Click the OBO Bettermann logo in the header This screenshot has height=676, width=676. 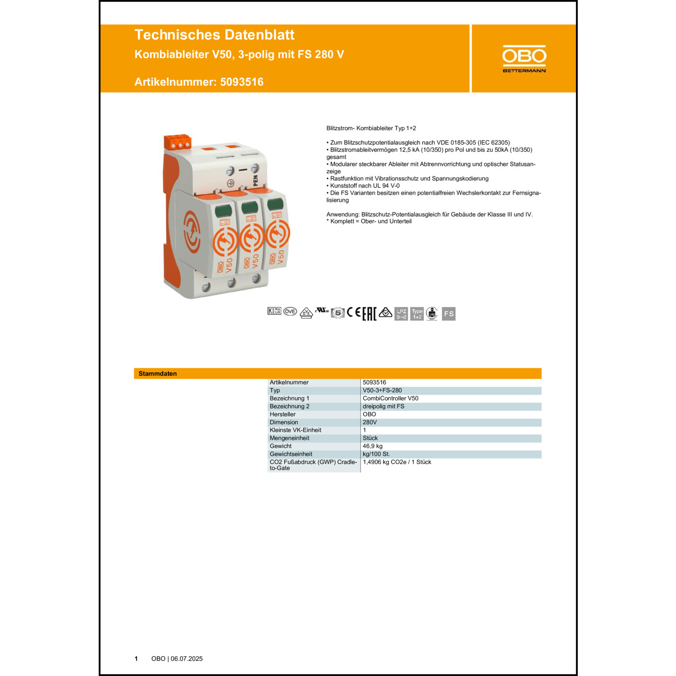[524, 59]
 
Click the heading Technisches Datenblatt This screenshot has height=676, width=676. [214, 35]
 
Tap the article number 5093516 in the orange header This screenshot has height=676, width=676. [242, 82]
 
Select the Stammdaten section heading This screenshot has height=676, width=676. [158, 374]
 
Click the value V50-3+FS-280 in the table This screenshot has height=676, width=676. [382, 390]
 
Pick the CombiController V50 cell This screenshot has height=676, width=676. [390, 398]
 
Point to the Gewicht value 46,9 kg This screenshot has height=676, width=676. [372, 446]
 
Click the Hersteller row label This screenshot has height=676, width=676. [283, 414]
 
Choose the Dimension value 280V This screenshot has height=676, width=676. [370, 422]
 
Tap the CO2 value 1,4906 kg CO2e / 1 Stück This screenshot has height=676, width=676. [397, 462]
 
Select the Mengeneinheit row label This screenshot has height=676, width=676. [289, 438]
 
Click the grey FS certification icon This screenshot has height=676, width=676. [448, 314]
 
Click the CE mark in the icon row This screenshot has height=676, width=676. [354, 312]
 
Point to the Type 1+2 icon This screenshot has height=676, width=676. [417, 314]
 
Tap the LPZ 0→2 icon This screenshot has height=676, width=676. [401, 314]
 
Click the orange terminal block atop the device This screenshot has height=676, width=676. [178, 141]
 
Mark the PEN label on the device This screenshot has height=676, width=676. [256, 181]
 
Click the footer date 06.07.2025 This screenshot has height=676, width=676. [187, 658]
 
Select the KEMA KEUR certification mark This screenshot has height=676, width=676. [274, 311]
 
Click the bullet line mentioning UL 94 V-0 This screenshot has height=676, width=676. [365, 186]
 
